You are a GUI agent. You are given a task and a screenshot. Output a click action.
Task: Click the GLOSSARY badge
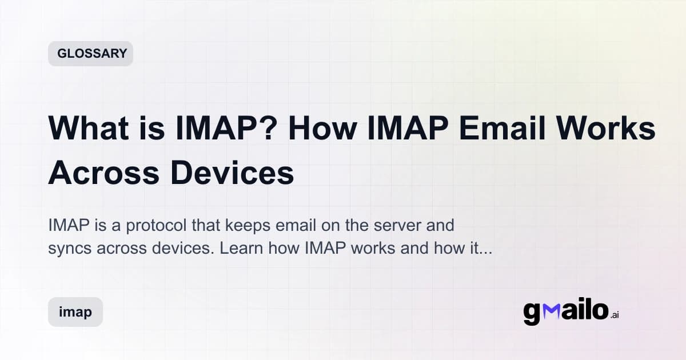(91, 54)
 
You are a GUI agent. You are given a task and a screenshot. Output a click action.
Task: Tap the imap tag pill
(75, 312)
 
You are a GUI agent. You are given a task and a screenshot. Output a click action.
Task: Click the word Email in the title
(496, 129)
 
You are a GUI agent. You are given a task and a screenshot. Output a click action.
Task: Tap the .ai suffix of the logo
(614, 315)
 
